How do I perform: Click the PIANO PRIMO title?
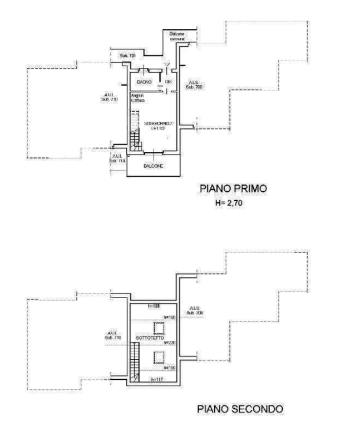pyautogui.click(x=233, y=190)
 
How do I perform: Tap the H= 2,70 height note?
pyautogui.click(x=230, y=203)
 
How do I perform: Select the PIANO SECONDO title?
pyautogui.click(x=240, y=409)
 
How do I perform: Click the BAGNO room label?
pyautogui.click(x=144, y=82)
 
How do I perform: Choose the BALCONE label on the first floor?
pyautogui.click(x=153, y=166)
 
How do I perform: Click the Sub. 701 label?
pyautogui.click(x=127, y=56)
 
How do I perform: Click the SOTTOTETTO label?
pyautogui.click(x=149, y=338)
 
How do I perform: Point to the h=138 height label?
pyautogui.click(x=154, y=306)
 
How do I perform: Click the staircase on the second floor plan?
pyautogui.click(x=134, y=362)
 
